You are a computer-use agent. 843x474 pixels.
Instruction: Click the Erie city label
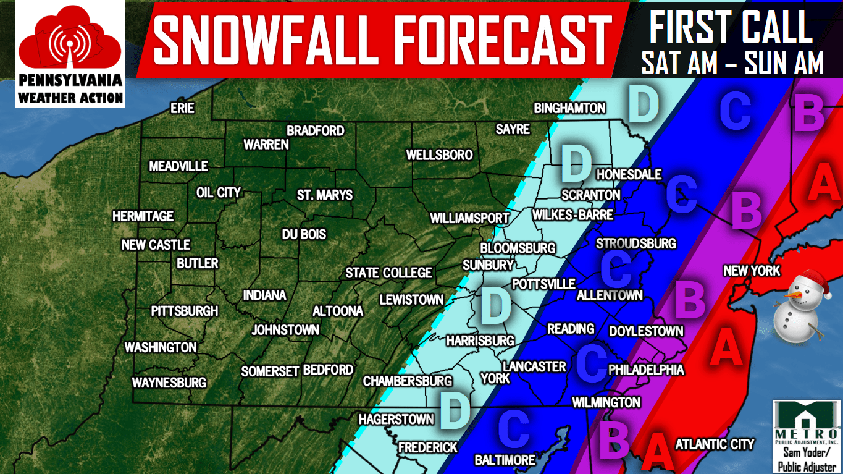[x=182, y=109]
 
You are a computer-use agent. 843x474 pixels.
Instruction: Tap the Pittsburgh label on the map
[x=185, y=311]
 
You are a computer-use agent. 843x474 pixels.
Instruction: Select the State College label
[x=388, y=273]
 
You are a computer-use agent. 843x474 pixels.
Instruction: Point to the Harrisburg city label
[x=480, y=341]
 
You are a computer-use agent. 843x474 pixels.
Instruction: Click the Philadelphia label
[x=646, y=370]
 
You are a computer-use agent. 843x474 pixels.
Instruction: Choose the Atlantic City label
[x=715, y=444]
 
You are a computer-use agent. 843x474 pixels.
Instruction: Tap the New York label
[x=752, y=271]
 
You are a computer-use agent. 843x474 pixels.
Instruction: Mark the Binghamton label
[x=569, y=109]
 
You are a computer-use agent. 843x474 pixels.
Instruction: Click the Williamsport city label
[x=469, y=218]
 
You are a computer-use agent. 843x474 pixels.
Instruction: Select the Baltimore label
[x=505, y=460]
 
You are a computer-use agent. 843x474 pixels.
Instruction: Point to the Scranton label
[x=590, y=195]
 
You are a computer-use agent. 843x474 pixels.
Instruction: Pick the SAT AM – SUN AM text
[x=732, y=63]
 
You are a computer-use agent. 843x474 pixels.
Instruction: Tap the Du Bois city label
[x=304, y=235]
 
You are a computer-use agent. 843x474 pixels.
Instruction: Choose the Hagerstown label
[x=396, y=419]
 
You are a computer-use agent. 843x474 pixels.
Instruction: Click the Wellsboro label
[x=439, y=154]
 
